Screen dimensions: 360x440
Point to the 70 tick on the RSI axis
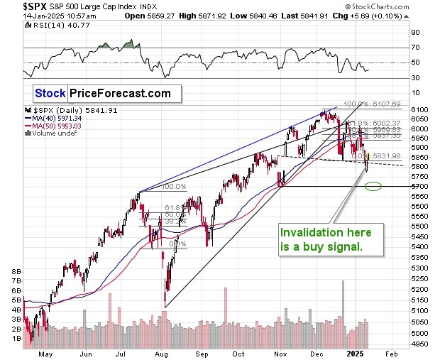coord(416,48)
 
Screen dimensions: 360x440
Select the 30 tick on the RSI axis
coord(416,78)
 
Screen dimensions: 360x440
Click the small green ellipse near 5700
coord(373,187)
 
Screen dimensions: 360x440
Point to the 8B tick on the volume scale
coord(14,271)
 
